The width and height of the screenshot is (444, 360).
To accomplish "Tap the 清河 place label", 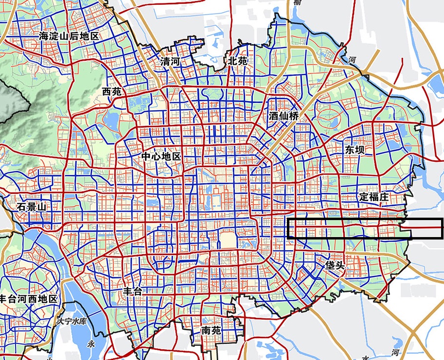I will point(170,62).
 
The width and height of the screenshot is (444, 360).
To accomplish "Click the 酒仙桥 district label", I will point(284,117).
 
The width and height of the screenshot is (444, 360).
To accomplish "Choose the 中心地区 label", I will point(161,157).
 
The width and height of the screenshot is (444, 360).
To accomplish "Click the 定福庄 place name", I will point(374,197).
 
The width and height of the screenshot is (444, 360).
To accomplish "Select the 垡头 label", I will point(336,265).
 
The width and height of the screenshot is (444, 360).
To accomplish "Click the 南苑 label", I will point(211,331).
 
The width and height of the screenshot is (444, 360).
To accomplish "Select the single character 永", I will point(90,343).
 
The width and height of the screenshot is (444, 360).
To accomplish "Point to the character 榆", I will point(297,2).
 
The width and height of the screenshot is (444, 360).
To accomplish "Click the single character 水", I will point(365,357).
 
